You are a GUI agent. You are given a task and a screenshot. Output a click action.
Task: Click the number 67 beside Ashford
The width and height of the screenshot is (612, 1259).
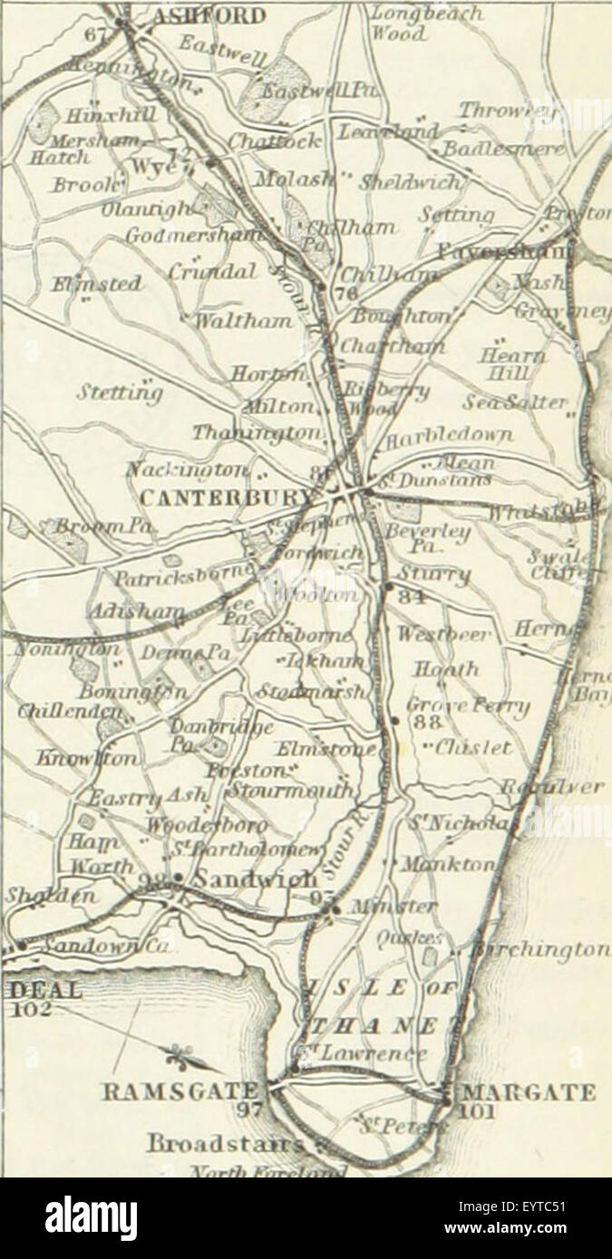[102, 34]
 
